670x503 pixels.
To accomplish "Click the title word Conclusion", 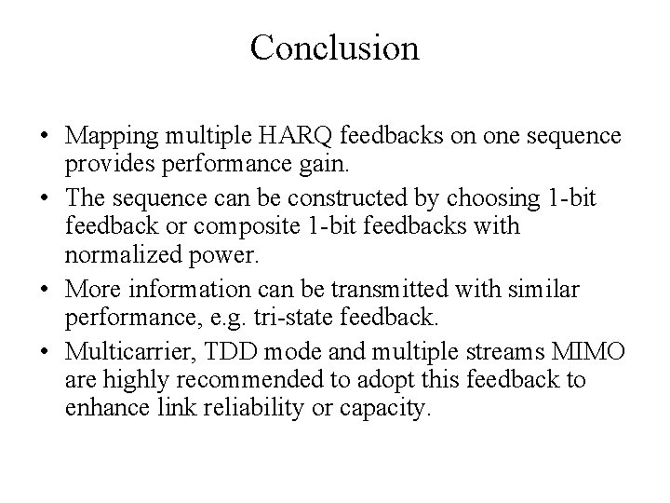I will click(334, 48).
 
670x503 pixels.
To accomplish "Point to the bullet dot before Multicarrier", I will click(45, 354).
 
